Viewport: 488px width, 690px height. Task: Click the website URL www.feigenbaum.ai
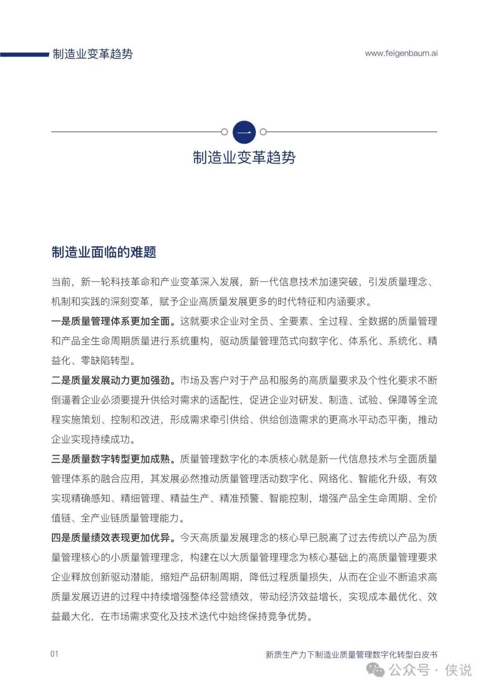click(401, 53)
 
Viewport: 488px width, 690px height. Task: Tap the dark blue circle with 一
click(244, 132)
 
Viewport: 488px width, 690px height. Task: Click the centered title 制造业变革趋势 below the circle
click(244, 157)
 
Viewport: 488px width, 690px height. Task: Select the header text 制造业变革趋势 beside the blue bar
click(93, 54)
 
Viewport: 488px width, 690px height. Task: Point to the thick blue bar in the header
click(24, 55)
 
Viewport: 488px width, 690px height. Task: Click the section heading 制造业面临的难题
click(104, 252)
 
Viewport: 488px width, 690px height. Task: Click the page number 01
click(55, 654)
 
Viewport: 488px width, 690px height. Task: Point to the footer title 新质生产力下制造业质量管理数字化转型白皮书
click(351, 654)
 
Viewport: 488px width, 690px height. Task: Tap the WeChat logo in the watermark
click(376, 670)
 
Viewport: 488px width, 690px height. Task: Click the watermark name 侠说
click(458, 670)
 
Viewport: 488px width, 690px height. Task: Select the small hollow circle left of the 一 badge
click(224, 132)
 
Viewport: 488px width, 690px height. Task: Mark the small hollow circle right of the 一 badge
click(263, 132)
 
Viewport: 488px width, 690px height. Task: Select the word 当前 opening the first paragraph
click(61, 282)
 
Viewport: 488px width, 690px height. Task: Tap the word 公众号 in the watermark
click(409, 670)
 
